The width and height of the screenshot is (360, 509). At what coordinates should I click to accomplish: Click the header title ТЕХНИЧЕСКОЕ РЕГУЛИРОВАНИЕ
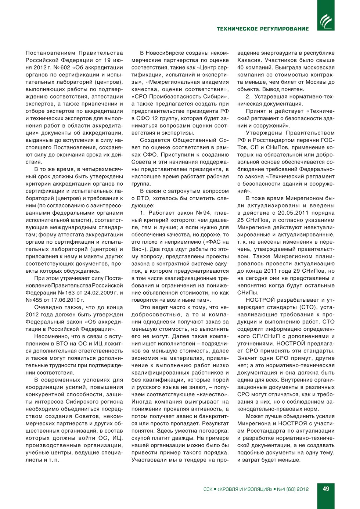coord(263,29)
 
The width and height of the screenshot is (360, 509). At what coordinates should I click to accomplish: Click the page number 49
coord(326,489)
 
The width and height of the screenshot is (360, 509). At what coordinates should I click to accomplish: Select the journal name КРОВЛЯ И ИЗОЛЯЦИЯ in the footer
coord(245,489)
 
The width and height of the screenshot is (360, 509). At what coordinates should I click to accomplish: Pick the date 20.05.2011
coord(292,213)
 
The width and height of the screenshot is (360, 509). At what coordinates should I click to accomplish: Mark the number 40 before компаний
coord(241,68)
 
